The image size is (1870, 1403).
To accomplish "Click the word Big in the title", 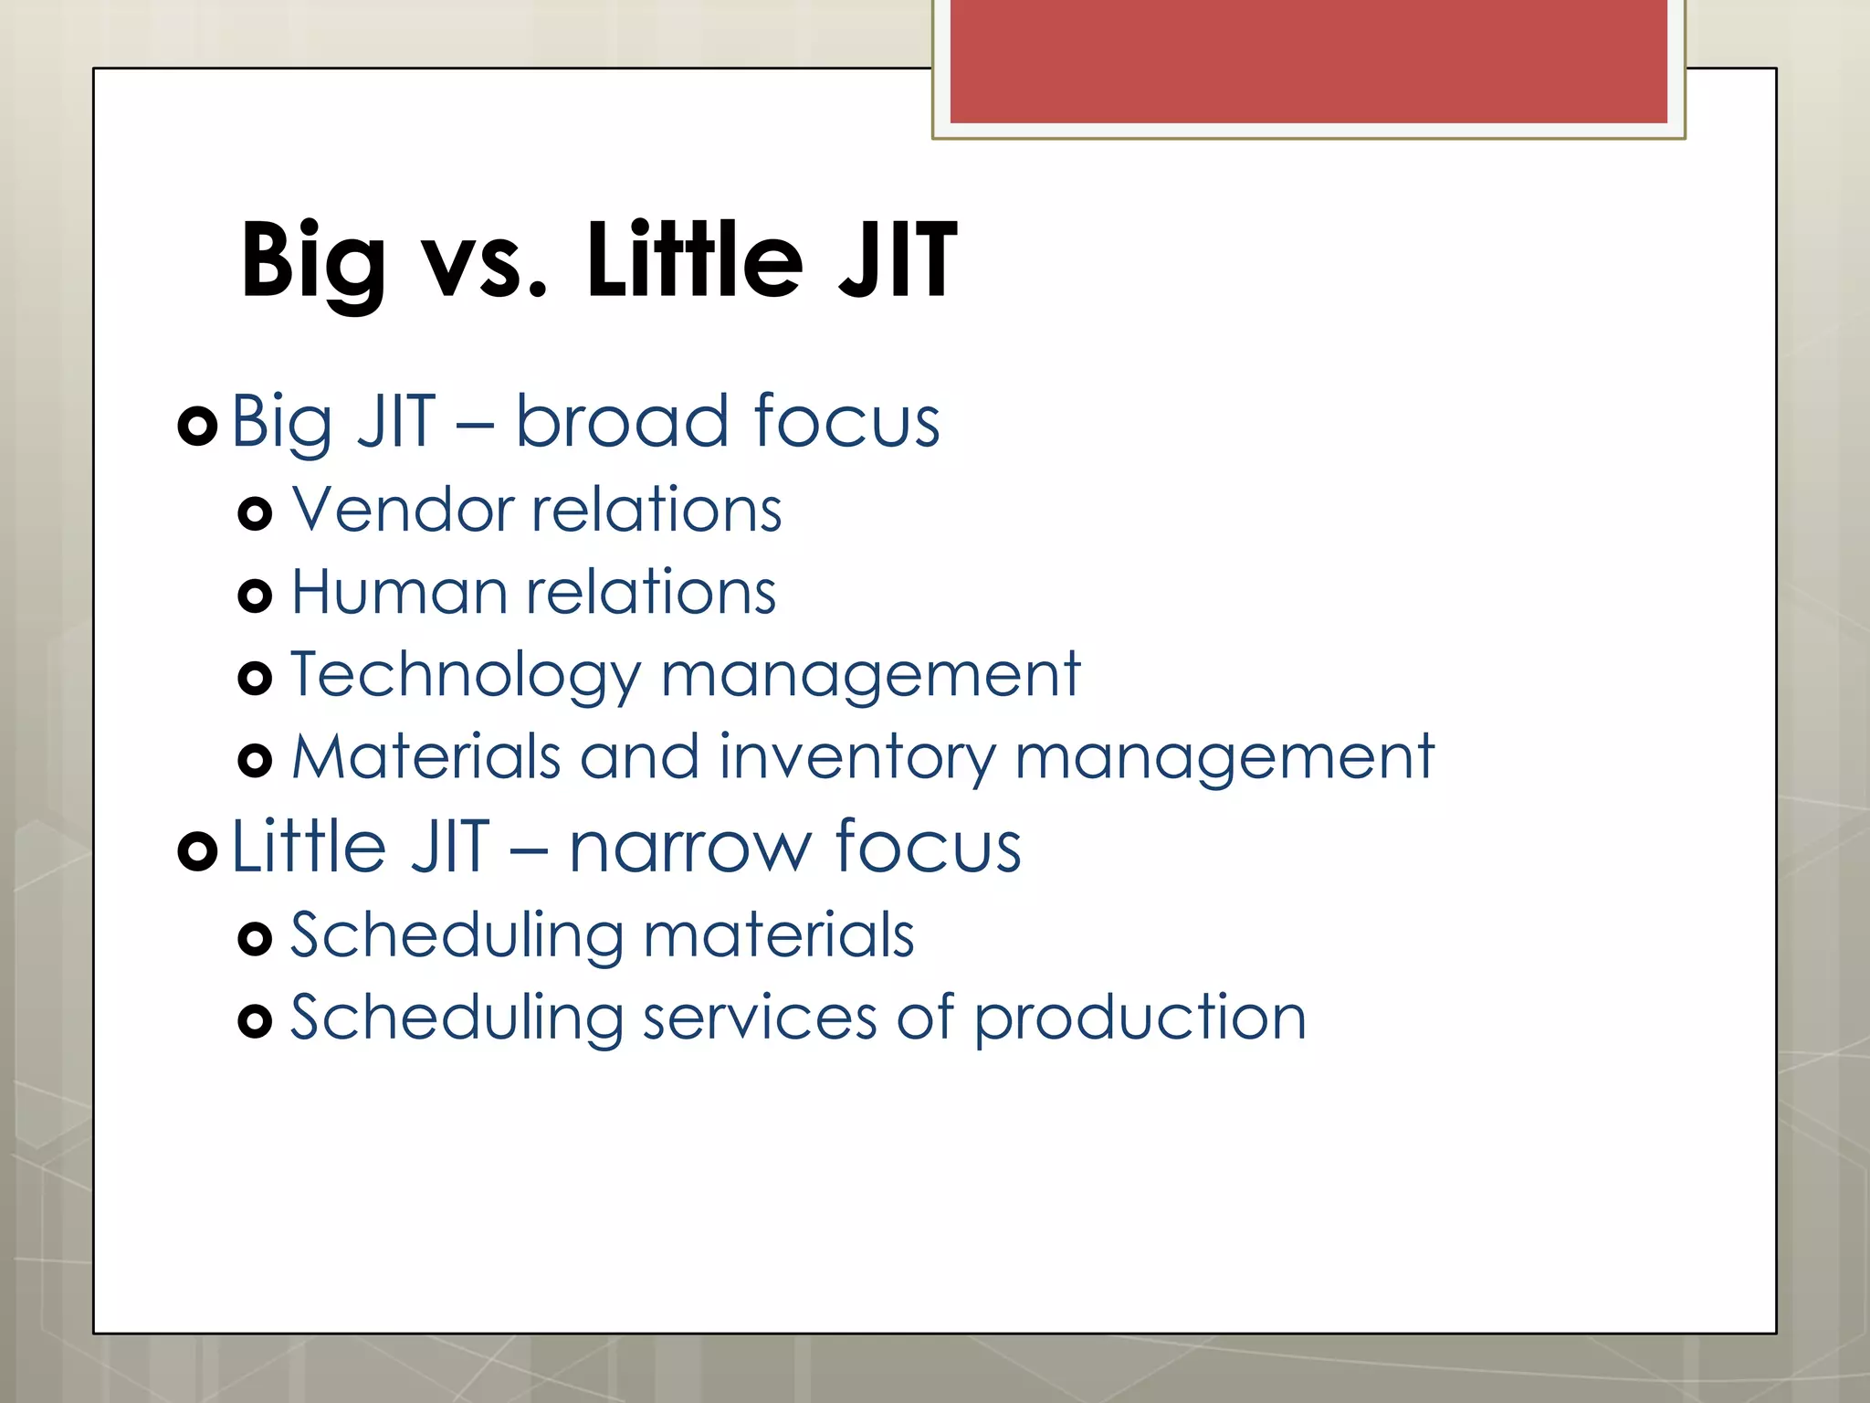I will click(x=312, y=263).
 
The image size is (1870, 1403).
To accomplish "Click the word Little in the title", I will click(x=694, y=261).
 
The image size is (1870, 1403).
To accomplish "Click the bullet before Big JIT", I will click(x=197, y=425).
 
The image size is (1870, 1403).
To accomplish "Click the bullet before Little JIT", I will click(x=197, y=851).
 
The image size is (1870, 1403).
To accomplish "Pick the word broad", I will click(x=624, y=421).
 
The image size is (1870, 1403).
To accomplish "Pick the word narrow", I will click(x=689, y=848).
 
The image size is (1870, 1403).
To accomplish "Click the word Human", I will click(x=398, y=592).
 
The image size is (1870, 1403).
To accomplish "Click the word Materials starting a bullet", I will click(x=425, y=757).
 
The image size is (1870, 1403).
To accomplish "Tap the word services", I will click(x=759, y=1018).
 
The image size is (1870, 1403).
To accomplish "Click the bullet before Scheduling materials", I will click(x=255, y=938).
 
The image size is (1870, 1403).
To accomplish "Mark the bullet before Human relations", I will click(x=255, y=596).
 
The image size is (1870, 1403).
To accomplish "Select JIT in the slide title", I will click(x=897, y=261).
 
